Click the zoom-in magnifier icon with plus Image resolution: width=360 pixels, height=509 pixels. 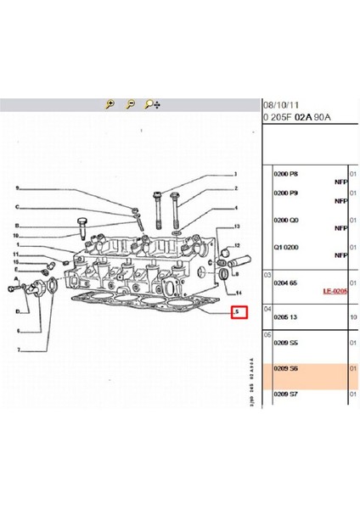click(x=110, y=105)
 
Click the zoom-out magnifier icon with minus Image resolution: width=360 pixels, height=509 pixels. click(x=130, y=105)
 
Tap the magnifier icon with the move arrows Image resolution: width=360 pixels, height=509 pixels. click(x=152, y=105)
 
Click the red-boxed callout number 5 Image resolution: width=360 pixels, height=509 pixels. click(x=239, y=312)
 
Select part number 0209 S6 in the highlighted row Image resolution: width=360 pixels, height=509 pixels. click(x=286, y=368)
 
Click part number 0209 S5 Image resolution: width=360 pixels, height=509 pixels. click(x=286, y=343)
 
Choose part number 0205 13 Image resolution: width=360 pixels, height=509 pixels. click(x=286, y=316)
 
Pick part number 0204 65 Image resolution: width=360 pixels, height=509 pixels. click(x=286, y=281)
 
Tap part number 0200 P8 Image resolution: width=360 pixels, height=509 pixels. click(x=286, y=173)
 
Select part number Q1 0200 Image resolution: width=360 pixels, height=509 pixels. click(x=286, y=247)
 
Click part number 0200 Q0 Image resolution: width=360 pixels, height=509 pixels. click(x=286, y=221)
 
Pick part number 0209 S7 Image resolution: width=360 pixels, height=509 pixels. click(x=286, y=394)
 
